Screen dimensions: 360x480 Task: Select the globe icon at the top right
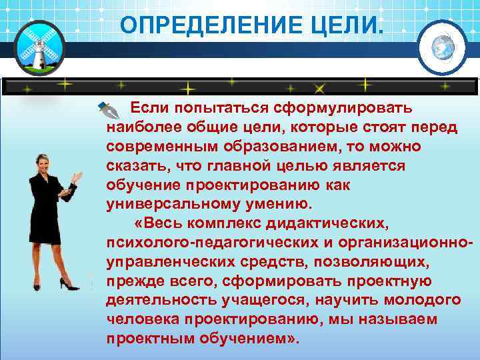(442, 46)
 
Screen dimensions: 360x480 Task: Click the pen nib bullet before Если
(107, 108)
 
